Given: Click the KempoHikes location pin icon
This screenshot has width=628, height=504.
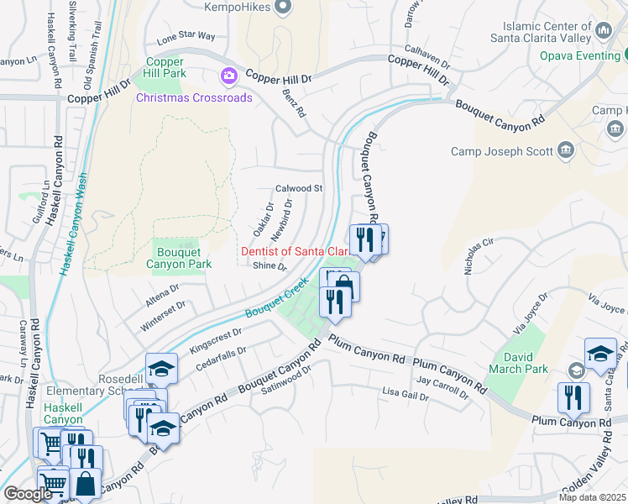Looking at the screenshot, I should tap(283, 8).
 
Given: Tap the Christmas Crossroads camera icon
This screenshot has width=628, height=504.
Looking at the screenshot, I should tap(228, 76).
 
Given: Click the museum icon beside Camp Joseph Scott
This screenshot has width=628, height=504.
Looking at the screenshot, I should tap(566, 151).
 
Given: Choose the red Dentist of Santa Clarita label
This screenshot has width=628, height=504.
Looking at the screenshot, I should tap(295, 251).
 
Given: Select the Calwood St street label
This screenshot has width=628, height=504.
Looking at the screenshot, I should tap(300, 188).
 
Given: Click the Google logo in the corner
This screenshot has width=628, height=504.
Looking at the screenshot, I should tap(28, 494).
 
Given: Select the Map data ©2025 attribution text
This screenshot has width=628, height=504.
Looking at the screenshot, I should tap(593, 497).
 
